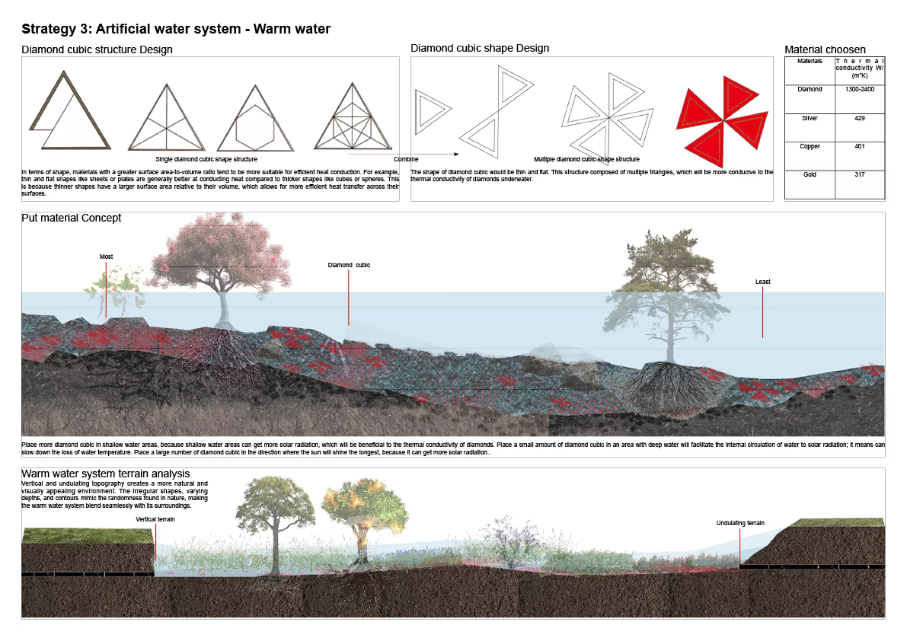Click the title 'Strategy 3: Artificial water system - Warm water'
176,29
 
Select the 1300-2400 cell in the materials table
859,89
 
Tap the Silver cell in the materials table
809,118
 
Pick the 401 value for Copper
859,146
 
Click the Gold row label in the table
809,175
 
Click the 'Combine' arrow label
406,159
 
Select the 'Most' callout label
106,256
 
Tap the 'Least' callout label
762,282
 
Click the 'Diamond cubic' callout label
349,265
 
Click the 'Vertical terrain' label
155,519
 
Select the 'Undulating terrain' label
740,523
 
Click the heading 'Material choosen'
825,50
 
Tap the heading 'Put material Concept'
71,218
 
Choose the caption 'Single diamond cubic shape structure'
206,159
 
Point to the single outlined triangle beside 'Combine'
430,111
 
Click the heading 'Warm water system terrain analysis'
105,473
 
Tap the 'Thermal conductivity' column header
859,68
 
